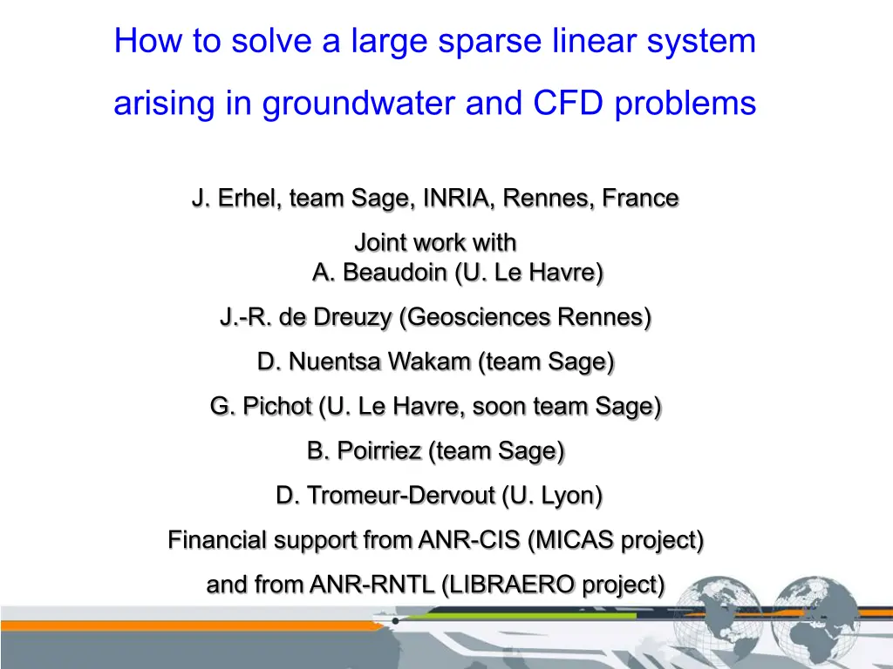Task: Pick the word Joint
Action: pos(380,242)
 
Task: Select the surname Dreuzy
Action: pos(354,318)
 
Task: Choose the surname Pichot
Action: pos(276,406)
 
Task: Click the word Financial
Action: pos(217,540)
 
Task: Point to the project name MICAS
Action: pos(574,540)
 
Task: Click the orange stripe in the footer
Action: pos(174,625)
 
